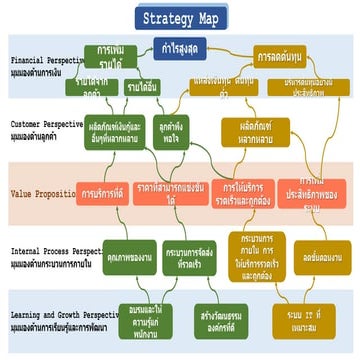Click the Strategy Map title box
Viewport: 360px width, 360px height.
[x=180, y=18]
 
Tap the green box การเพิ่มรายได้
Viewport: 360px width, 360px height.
[x=104, y=56]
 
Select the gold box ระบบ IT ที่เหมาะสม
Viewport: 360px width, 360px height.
[x=321, y=320]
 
